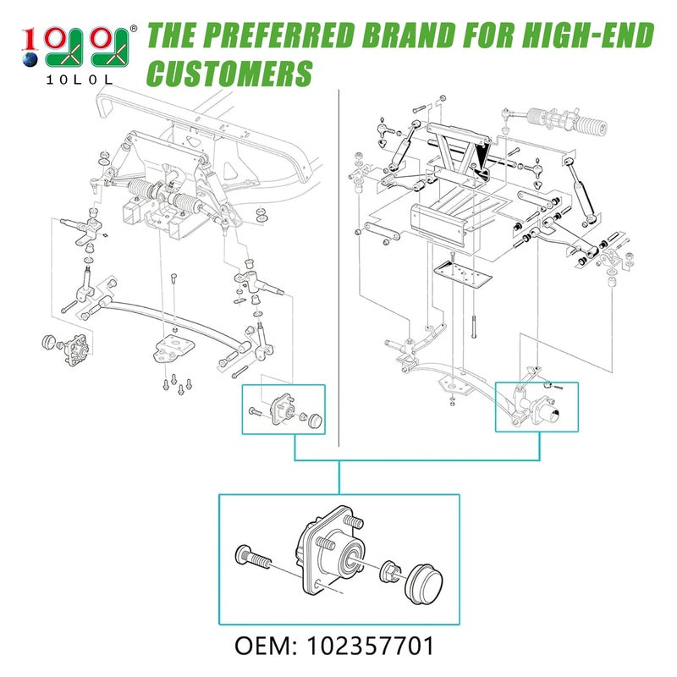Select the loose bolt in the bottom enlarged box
click(251, 559)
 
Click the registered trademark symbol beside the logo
click(135, 30)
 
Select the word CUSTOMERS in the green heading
click(230, 74)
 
